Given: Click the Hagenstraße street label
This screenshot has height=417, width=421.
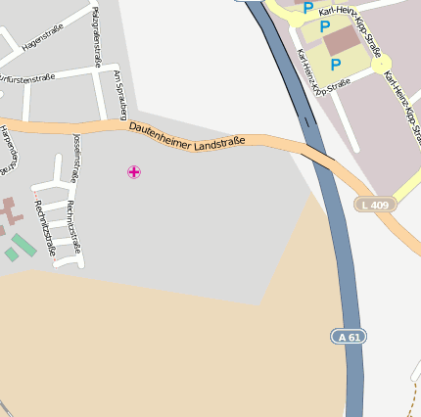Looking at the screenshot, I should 42,43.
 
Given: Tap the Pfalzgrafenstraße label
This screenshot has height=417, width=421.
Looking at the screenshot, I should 96,36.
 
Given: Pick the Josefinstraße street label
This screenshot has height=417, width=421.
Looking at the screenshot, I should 75,158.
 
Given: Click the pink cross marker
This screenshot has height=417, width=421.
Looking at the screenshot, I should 134,172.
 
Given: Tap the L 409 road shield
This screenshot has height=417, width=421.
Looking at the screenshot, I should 375,205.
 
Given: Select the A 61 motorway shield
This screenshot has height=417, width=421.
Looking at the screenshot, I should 348,337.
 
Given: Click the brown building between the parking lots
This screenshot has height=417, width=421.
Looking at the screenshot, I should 343,40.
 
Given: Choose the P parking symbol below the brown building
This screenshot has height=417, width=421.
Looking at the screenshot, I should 336,65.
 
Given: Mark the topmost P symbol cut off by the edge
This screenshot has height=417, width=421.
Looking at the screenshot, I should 307,8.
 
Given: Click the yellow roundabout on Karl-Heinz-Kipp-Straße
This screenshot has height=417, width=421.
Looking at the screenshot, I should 381,64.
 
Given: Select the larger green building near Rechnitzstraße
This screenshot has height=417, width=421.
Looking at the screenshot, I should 24,245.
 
